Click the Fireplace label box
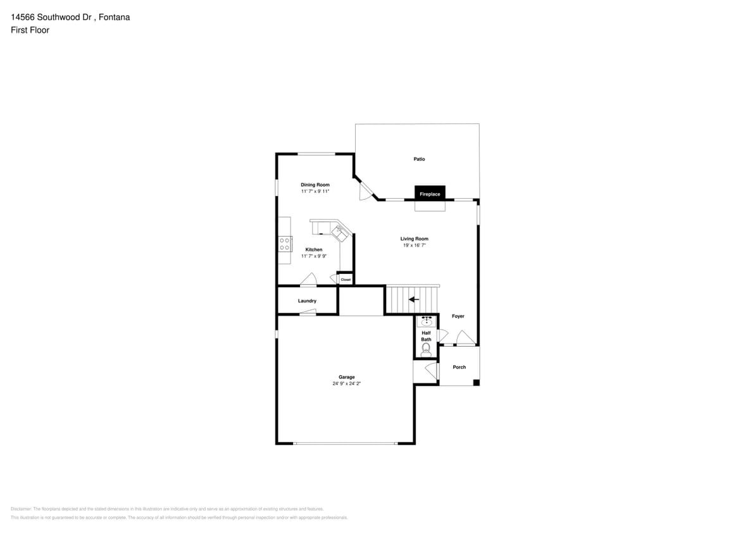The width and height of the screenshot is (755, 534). (430, 194)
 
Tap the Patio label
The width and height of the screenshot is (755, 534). (419, 159)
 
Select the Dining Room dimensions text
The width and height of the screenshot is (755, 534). (315, 191)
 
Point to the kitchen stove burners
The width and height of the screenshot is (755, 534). (285, 244)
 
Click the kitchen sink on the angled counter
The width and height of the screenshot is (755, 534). (341, 233)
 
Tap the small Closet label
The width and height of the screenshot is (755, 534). (346, 279)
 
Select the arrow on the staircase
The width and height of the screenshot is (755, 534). (414, 299)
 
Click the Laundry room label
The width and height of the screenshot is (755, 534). (307, 301)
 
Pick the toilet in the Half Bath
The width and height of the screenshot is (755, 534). (425, 347)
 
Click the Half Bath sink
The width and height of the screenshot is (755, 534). (427, 321)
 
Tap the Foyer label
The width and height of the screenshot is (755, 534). (458, 316)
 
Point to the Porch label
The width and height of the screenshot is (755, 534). (459, 367)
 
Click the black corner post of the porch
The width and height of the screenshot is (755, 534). (476, 382)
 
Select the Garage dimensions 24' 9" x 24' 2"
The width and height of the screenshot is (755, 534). (346, 383)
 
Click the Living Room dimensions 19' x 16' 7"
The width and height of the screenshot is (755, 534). (415, 245)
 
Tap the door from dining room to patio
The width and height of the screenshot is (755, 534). (365, 190)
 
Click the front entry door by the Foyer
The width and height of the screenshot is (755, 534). (465, 338)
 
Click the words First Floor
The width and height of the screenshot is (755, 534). (30, 30)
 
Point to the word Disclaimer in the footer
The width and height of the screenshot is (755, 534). (21, 509)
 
